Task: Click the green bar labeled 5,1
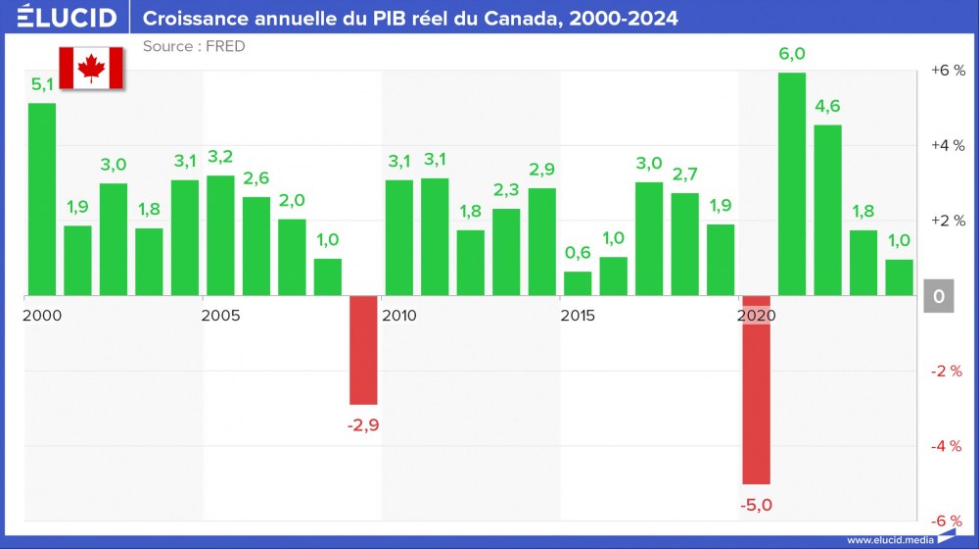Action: pos(42,199)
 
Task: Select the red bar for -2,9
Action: pos(363,350)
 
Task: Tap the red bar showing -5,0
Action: pos(756,389)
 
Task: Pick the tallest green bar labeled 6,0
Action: pos(792,184)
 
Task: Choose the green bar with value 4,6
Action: pos(827,210)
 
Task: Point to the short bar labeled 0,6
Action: pos(578,283)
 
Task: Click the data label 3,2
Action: pos(220,157)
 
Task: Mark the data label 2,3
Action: pos(506,190)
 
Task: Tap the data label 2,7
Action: pos(684,175)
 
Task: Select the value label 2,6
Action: pos(256,178)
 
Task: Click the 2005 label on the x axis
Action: pos(220,316)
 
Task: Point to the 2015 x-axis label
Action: pos(578,316)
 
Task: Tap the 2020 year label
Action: pos(756,316)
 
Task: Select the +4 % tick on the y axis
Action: pos(948,145)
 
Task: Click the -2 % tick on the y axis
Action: pos(948,371)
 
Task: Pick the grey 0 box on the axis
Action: pos(938,296)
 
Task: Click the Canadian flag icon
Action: pos(91,68)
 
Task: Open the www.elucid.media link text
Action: pos(889,539)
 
